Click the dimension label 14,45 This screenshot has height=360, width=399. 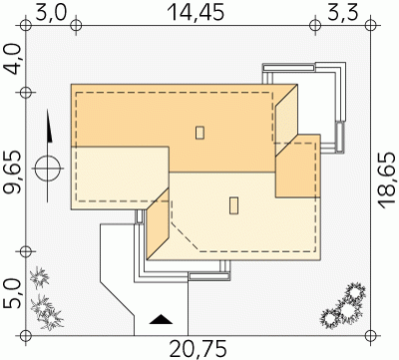pos(196,13)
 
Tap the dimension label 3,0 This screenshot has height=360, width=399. pos(51,13)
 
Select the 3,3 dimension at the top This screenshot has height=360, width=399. pos(342,13)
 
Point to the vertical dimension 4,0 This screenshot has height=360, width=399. pos(13,60)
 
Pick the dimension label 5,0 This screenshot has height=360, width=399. pos(13,294)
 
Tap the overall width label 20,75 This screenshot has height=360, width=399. pos(199,349)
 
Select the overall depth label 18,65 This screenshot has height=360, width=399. pos(387,180)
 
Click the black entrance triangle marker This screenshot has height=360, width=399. pos(161,319)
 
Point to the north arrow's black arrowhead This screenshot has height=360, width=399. pos(49,127)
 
